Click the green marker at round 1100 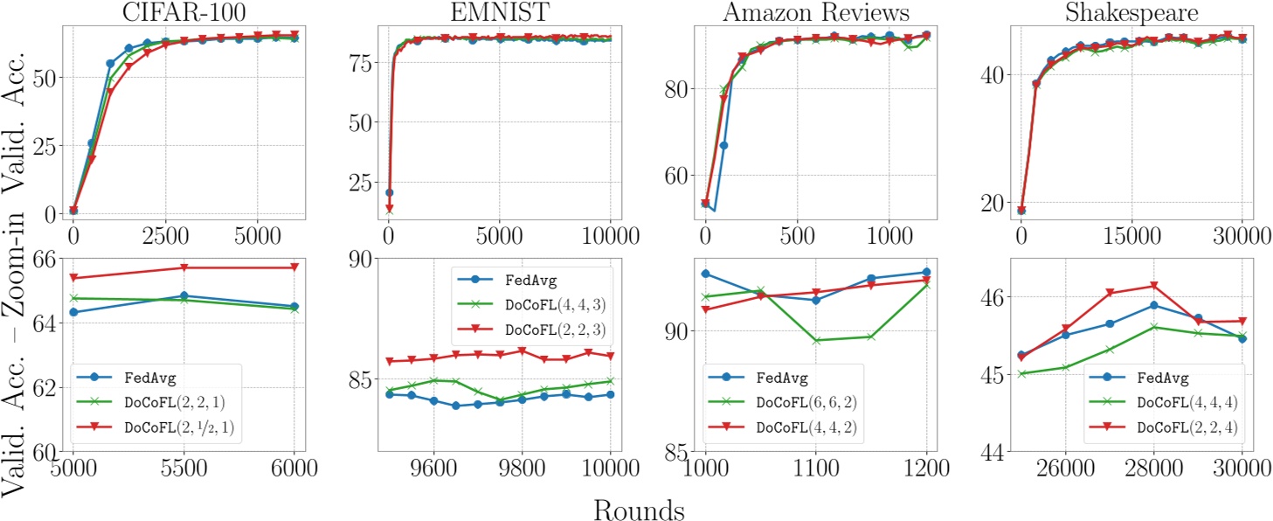point(815,340)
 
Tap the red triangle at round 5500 point(183,267)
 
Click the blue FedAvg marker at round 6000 point(294,306)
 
